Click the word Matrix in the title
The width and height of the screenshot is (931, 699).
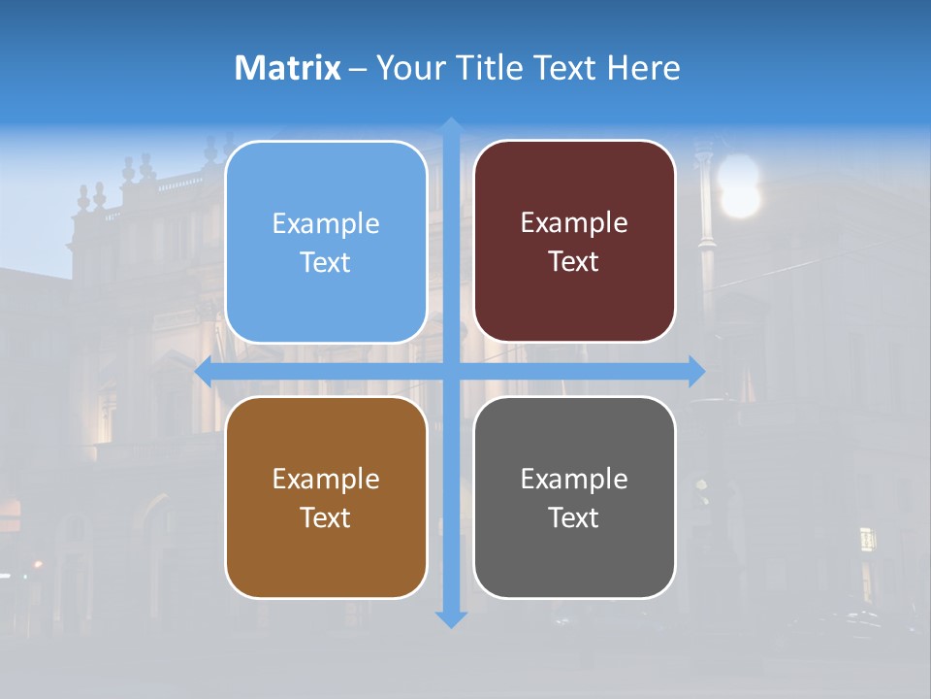(288, 68)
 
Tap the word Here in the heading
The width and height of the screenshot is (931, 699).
(643, 68)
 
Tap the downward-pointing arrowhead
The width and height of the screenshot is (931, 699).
(451, 618)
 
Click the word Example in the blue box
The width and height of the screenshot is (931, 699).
(326, 223)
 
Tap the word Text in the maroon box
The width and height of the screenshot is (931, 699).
(574, 262)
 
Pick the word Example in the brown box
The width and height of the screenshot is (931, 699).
(326, 479)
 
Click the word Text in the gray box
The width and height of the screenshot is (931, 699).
(574, 517)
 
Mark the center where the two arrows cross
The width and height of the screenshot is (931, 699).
(451, 371)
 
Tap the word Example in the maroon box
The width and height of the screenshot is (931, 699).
(574, 222)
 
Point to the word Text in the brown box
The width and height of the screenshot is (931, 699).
(326, 517)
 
